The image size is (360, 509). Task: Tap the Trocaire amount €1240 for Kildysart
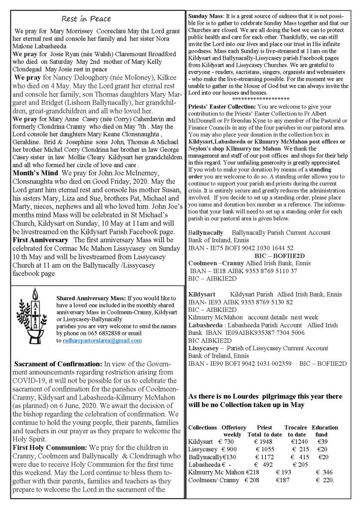297,441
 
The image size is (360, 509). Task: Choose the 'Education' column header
325,427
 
